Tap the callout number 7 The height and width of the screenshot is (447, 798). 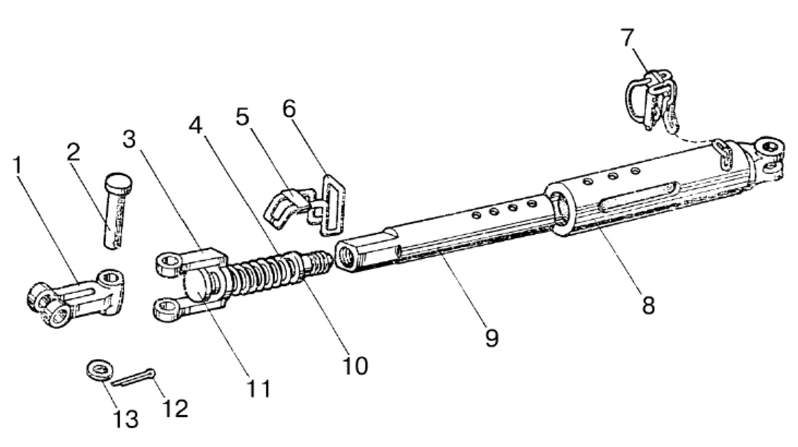pos(627,37)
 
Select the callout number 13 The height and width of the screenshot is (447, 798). pos(126,419)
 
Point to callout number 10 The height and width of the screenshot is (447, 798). pos(355,365)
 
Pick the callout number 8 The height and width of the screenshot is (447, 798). pos(648,305)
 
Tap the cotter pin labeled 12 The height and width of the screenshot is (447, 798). pos(133,377)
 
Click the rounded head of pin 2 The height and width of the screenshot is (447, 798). pos(118,181)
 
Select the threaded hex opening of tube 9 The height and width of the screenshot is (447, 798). pos(346,256)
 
